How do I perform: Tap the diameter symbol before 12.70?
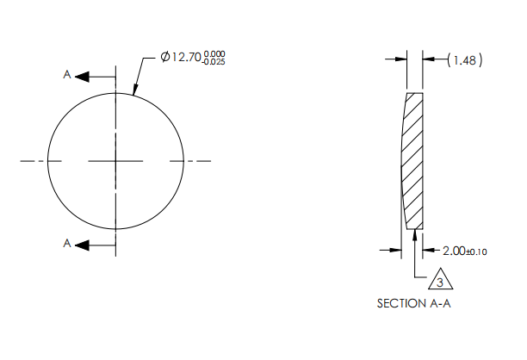point(164,57)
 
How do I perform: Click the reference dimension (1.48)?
point(465,59)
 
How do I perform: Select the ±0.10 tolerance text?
point(477,251)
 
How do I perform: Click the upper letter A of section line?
point(67,76)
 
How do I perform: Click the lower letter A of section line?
point(67,245)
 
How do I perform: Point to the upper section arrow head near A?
point(83,77)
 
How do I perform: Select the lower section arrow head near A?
point(83,245)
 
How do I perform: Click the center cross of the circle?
point(115,160)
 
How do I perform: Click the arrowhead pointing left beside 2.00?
point(430,251)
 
